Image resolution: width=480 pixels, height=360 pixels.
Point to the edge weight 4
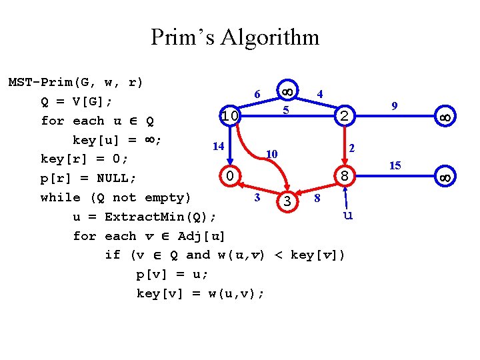[x=321, y=94]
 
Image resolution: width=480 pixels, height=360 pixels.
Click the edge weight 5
[x=285, y=109]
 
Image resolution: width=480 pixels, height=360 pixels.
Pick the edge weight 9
[x=395, y=105]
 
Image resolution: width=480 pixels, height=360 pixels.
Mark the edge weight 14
[x=217, y=145]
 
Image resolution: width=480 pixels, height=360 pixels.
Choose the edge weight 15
[x=395, y=165]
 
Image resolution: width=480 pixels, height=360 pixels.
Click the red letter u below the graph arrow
[x=347, y=215]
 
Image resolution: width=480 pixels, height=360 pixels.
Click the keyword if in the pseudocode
[x=112, y=255]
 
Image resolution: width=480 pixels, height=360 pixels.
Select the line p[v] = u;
[x=171, y=274]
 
